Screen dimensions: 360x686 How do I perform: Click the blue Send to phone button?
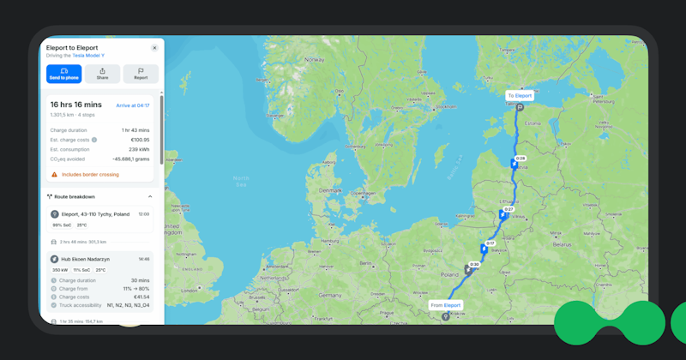click(x=64, y=74)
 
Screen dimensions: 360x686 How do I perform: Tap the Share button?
click(x=102, y=74)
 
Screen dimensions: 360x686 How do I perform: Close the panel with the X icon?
click(x=154, y=48)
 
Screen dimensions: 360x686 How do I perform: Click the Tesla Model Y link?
click(x=88, y=55)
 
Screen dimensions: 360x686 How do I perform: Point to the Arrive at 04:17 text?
click(x=133, y=105)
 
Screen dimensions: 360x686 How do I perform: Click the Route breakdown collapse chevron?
click(x=150, y=196)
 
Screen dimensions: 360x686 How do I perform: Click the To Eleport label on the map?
click(x=519, y=96)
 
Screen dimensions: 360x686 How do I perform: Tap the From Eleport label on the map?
click(x=446, y=305)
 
